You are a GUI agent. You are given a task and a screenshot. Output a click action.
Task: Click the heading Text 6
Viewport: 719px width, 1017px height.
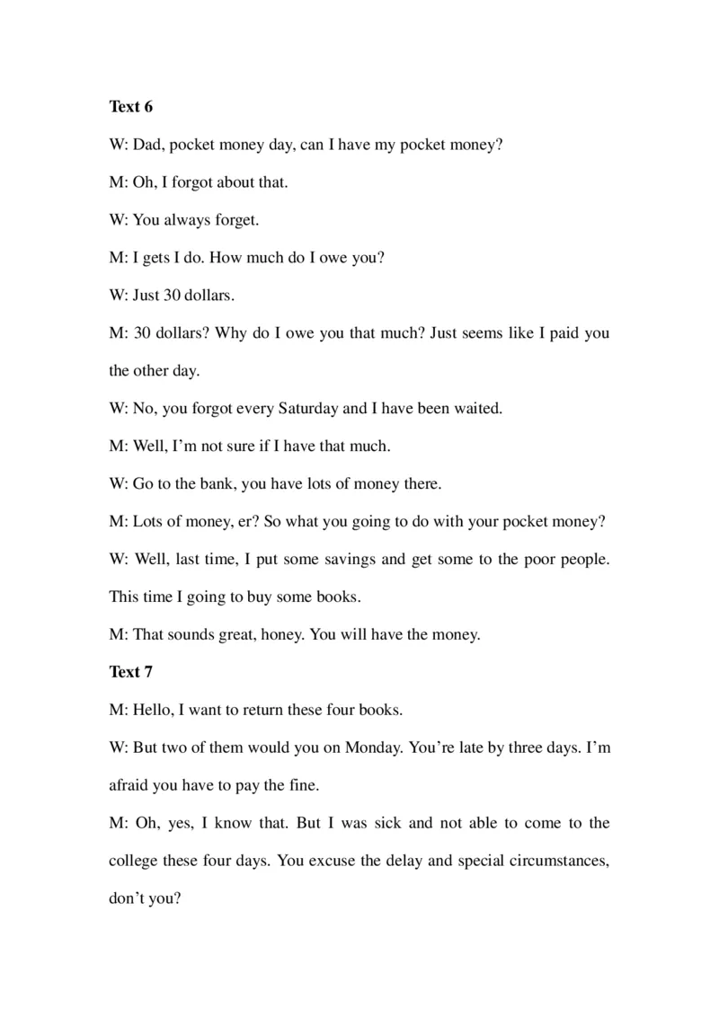point(131,107)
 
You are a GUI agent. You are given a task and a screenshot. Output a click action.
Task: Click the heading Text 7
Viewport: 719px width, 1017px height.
point(131,672)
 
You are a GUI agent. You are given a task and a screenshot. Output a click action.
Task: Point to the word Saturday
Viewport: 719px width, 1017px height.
point(307,408)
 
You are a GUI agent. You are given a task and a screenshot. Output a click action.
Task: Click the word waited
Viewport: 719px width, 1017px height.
point(477,408)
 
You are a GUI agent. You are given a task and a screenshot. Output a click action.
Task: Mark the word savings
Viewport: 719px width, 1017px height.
point(346,559)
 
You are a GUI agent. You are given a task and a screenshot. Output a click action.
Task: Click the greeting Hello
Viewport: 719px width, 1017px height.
point(154,710)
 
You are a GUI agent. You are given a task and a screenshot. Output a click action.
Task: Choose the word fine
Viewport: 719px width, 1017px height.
point(301,785)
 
